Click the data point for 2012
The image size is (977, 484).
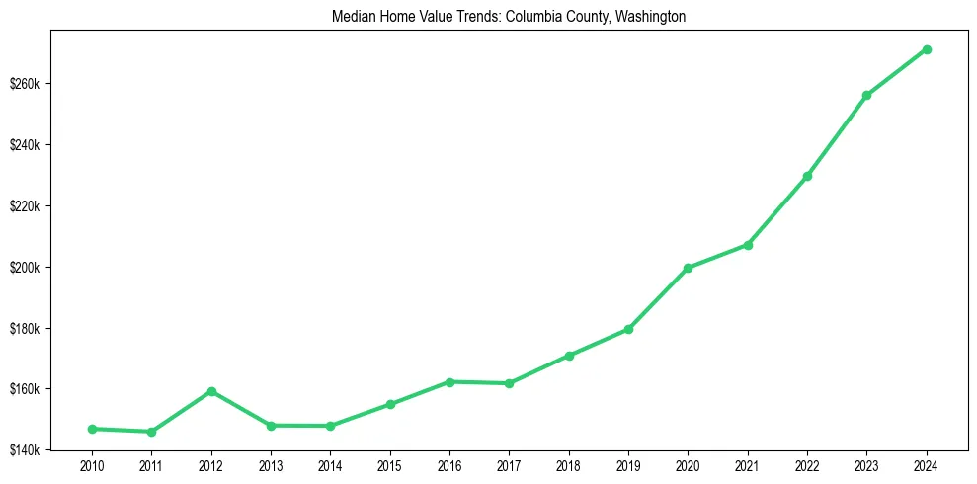[210, 391]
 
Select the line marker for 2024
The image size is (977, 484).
[927, 49]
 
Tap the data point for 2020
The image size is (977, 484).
[688, 268]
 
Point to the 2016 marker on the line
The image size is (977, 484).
[449, 381]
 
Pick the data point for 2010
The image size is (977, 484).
[92, 429]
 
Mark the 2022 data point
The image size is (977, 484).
[807, 176]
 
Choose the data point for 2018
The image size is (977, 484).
[569, 356]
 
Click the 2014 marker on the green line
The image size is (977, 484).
[330, 426]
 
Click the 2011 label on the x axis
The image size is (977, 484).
[151, 465]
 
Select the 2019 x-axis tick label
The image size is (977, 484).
[628, 465]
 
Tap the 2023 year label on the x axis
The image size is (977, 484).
[866, 465]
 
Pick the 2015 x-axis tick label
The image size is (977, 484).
[389, 465]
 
